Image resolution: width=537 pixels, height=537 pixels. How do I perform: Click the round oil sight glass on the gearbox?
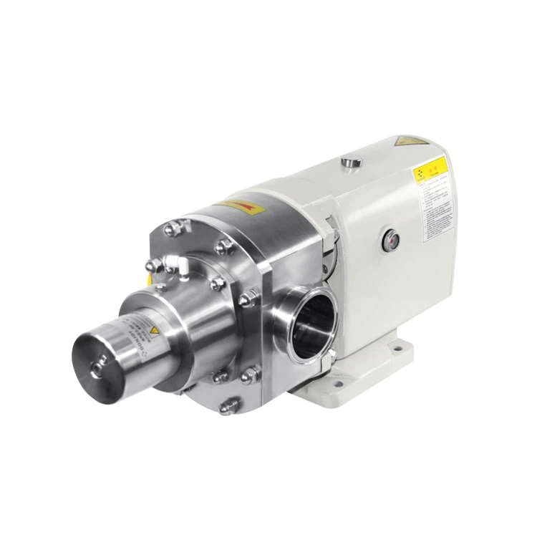(x=391, y=237)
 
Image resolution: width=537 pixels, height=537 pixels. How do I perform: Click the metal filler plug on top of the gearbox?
(x=349, y=163)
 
